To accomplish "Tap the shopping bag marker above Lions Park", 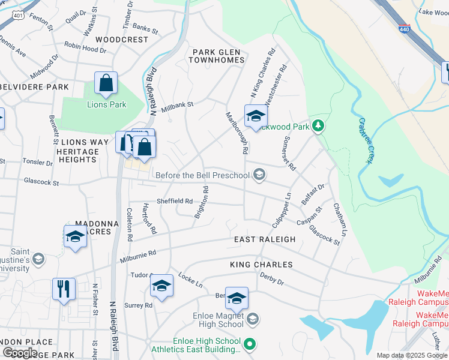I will [x=106, y=84].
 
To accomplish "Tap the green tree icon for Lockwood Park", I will [x=319, y=126].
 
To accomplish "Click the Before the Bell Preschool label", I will [x=202, y=175].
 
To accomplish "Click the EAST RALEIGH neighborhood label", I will [x=265, y=239].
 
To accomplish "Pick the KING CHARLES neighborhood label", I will [x=261, y=265].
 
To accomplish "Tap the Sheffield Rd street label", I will [x=175, y=202].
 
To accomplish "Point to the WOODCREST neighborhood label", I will [x=121, y=40].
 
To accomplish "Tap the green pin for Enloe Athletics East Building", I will [x=251, y=344].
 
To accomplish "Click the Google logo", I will [x=20, y=353].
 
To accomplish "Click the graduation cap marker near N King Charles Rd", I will [x=255, y=116].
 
